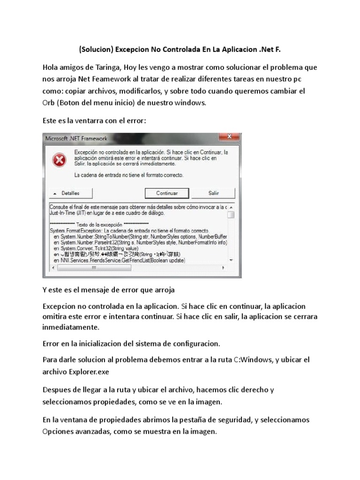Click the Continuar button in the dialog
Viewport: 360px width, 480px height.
167,193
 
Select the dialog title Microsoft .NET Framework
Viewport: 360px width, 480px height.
76,139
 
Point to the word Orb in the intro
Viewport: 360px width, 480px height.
49,102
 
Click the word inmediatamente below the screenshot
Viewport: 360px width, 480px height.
71,327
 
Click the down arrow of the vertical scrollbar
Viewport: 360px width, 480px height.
231,260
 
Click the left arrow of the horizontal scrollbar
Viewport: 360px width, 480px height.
53,268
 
